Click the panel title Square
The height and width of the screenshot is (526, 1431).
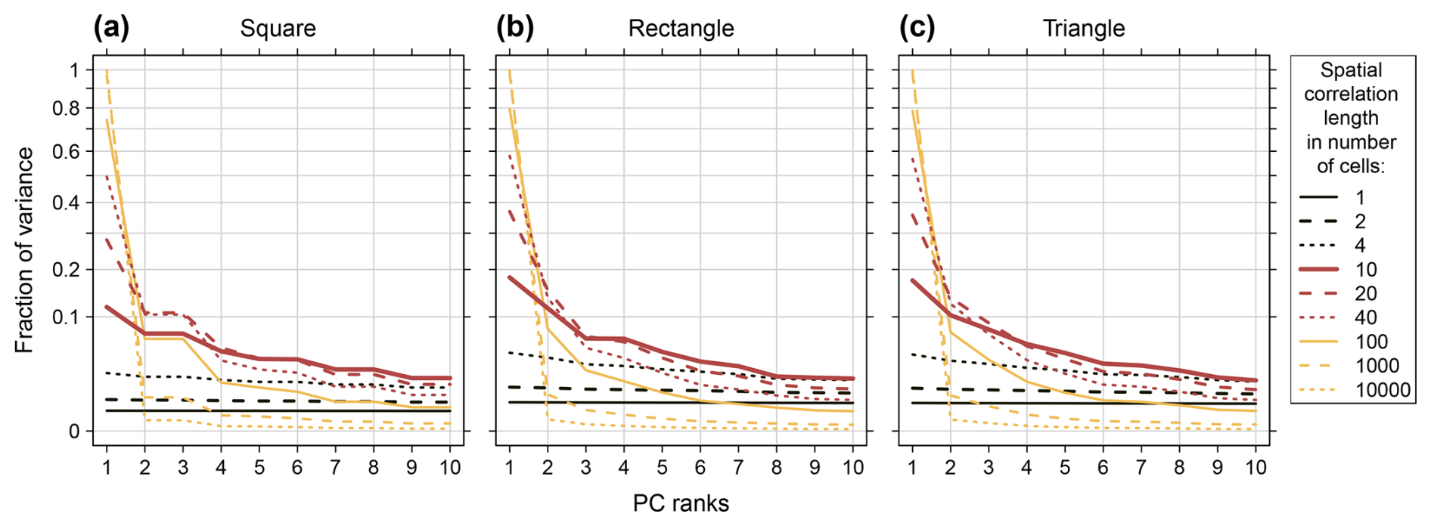click(x=278, y=29)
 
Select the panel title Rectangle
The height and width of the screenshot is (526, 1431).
click(x=681, y=29)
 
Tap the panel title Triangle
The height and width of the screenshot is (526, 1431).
click(x=1083, y=29)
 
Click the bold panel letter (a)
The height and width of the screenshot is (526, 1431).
click(x=111, y=28)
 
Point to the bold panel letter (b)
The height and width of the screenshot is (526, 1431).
click(x=515, y=28)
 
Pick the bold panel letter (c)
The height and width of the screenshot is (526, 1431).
click(x=917, y=28)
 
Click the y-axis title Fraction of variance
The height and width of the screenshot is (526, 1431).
click(x=24, y=250)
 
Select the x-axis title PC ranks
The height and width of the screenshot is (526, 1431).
click(x=681, y=503)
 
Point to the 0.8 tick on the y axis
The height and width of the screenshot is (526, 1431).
click(x=65, y=108)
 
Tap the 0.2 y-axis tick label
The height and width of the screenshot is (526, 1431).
click(x=65, y=270)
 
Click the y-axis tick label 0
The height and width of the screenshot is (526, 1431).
click(x=74, y=432)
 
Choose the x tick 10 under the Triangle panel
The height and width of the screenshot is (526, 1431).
click(x=1256, y=468)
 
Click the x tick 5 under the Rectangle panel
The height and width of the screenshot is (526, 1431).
click(x=662, y=468)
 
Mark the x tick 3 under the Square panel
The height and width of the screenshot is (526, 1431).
click(x=183, y=468)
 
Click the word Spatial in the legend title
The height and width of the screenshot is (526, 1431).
click(x=1351, y=70)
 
